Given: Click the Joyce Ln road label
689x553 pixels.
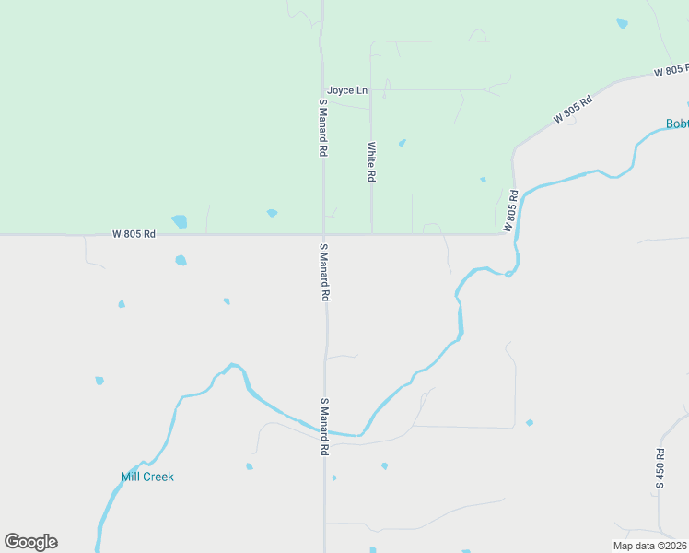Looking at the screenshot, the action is pyautogui.click(x=347, y=90).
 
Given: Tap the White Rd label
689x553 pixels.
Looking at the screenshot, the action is pyautogui.click(x=372, y=161).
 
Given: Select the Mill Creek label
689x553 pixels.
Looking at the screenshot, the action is pyautogui.click(x=147, y=477).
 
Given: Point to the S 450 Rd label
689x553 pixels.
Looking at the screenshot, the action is pyautogui.click(x=660, y=467).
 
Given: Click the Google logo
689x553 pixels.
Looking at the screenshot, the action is pyautogui.click(x=30, y=542).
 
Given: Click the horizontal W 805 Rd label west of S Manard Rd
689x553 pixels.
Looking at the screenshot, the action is pyautogui.click(x=134, y=234).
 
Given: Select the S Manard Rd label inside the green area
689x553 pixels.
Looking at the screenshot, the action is pyautogui.click(x=323, y=127).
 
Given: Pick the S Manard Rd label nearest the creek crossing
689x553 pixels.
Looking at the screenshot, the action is pyautogui.click(x=324, y=428).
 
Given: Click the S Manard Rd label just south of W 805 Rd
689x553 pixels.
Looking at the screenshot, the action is pyautogui.click(x=324, y=273).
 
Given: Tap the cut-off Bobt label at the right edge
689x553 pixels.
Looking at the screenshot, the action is pyautogui.click(x=677, y=124).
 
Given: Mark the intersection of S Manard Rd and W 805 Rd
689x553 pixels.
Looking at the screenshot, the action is pyautogui.click(x=323, y=234).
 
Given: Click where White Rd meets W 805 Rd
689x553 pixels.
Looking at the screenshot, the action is pyautogui.click(x=372, y=234).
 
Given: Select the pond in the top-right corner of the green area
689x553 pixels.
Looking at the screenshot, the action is pyautogui.click(x=623, y=24).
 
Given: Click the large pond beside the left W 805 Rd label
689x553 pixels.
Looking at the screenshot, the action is pyautogui.click(x=179, y=221).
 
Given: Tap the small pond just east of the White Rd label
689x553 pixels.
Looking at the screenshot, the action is pyautogui.click(x=402, y=143).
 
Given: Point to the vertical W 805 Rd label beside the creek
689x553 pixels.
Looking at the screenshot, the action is pyautogui.click(x=511, y=211).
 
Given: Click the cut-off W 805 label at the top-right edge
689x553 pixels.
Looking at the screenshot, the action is pyautogui.click(x=671, y=70).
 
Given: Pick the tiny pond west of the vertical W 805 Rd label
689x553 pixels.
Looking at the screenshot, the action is pyautogui.click(x=483, y=180).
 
